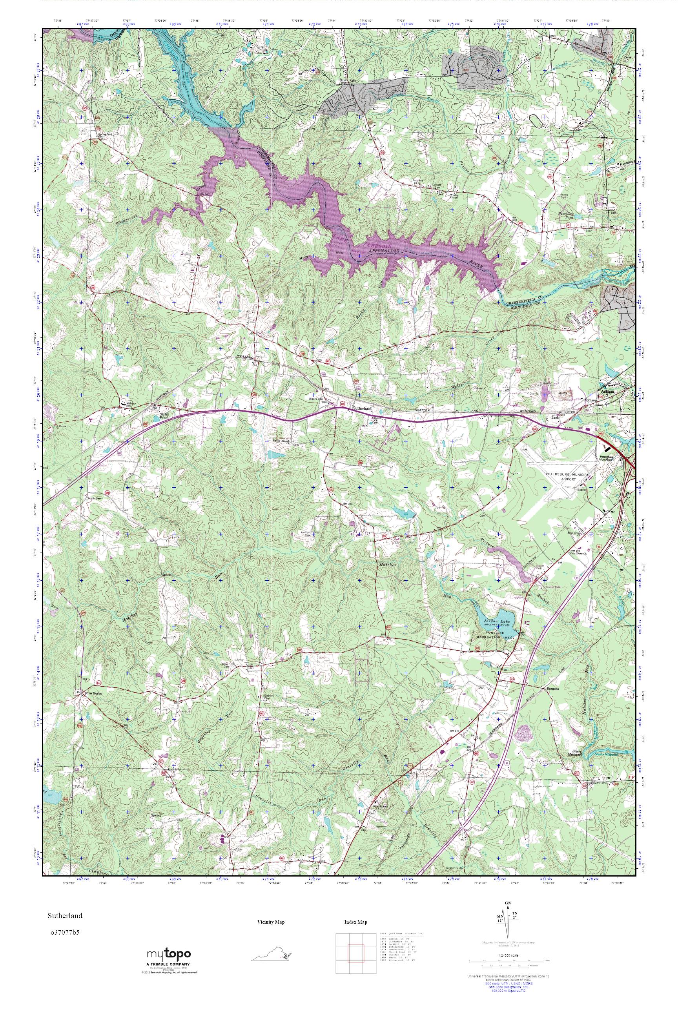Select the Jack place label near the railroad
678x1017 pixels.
pos(555,418)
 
